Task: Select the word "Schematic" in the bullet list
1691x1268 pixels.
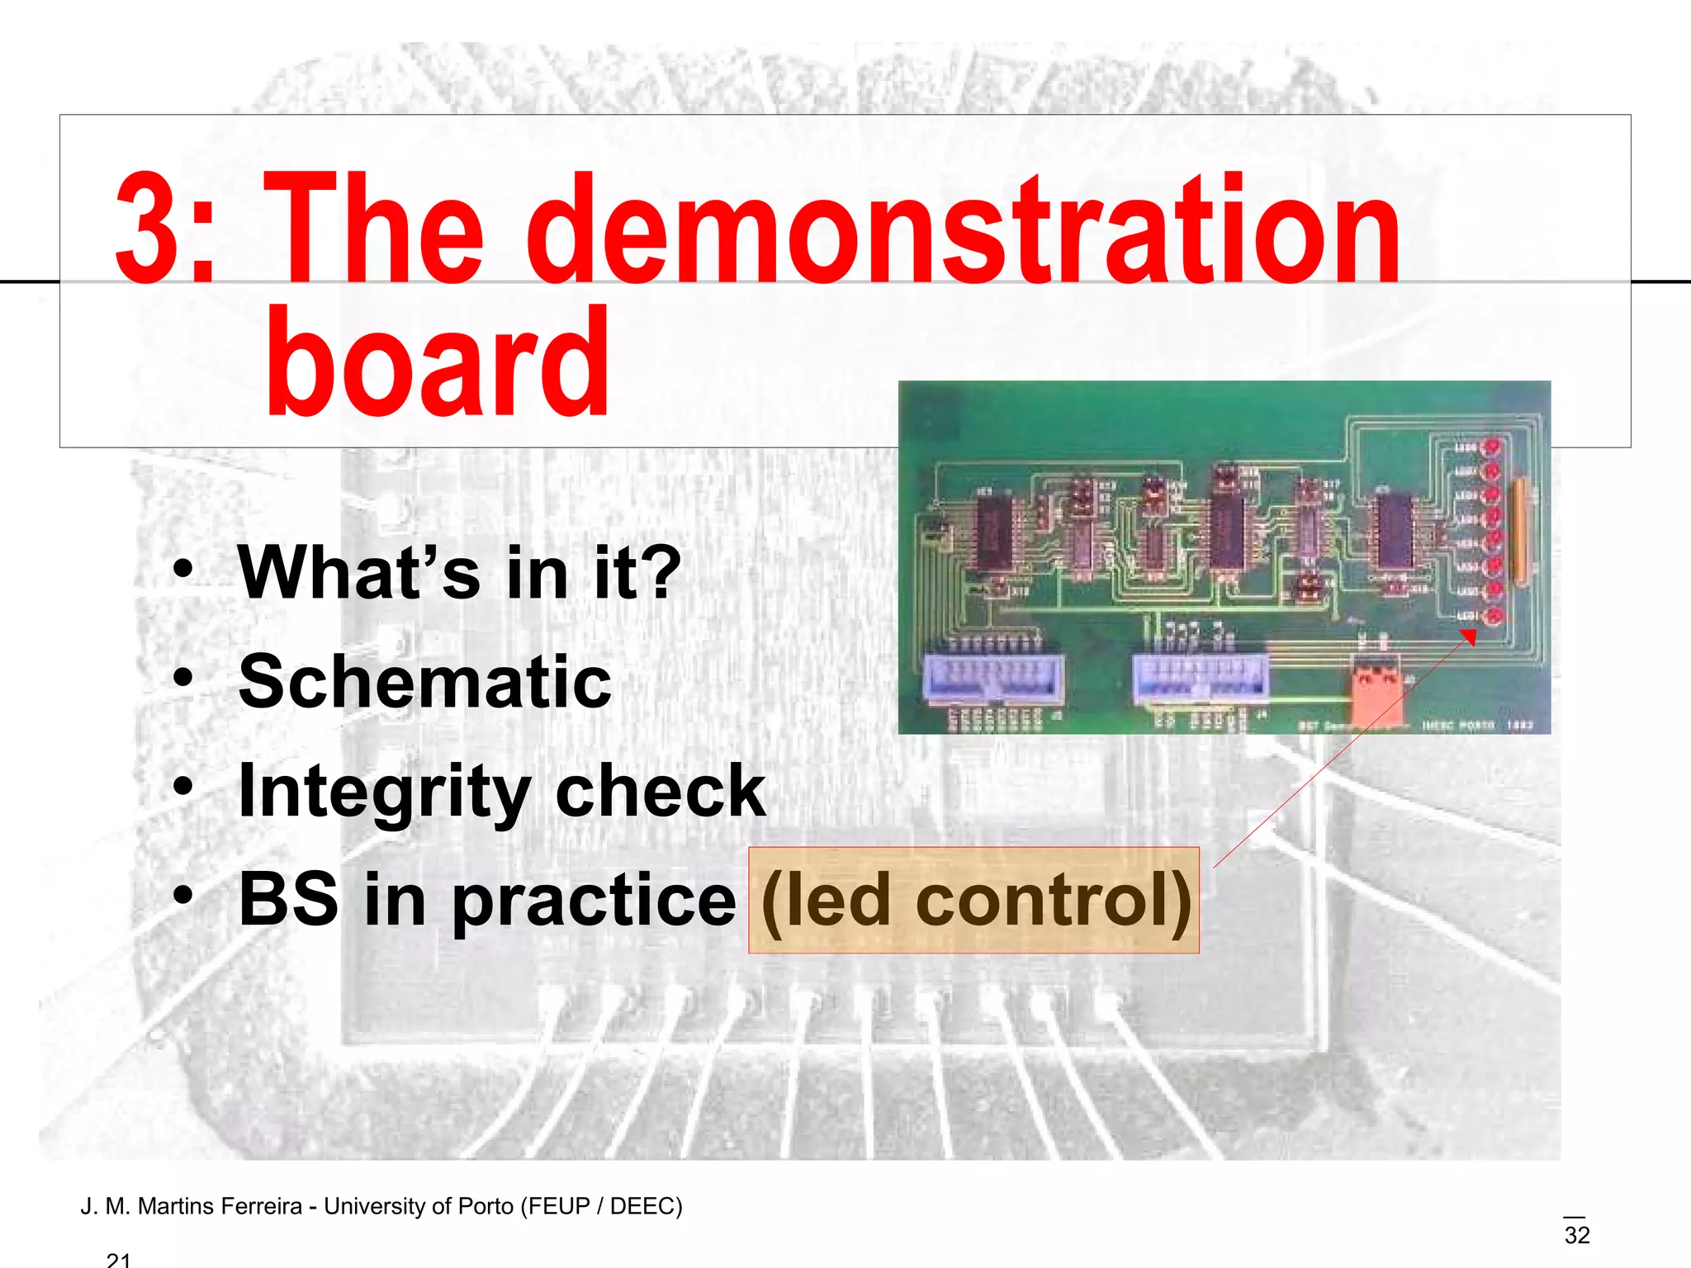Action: click(424, 682)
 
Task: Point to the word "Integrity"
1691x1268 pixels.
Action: click(384, 791)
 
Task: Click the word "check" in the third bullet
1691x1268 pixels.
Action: click(661, 791)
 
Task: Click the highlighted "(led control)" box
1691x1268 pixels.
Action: click(974, 900)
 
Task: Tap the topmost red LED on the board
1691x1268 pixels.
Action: click(1492, 447)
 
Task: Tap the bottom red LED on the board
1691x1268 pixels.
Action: click(1493, 616)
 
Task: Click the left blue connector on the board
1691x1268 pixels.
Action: click(994, 677)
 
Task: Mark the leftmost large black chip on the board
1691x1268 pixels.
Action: click(994, 533)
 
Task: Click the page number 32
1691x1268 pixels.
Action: click(1576, 1235)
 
